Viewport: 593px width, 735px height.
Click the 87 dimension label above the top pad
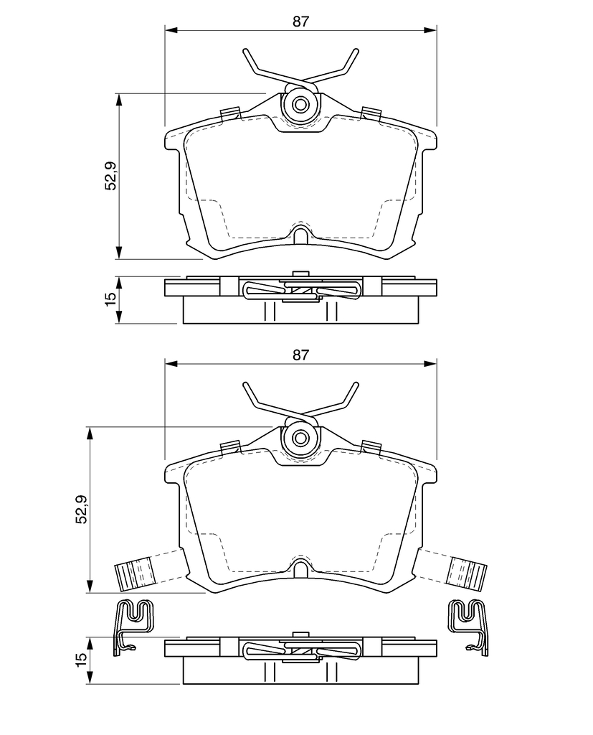pos(300,22)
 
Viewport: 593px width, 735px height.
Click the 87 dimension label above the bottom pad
pos(300,355)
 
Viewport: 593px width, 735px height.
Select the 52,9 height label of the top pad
pos(111,175)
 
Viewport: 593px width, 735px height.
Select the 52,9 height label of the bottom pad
pos(82,509)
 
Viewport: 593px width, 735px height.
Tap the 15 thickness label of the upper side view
pos(111,299)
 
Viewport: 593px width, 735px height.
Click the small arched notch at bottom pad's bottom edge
pos(300,567)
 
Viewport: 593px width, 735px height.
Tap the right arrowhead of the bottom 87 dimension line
pos(430,364)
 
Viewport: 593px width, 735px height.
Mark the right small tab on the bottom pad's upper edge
pos(371,446)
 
